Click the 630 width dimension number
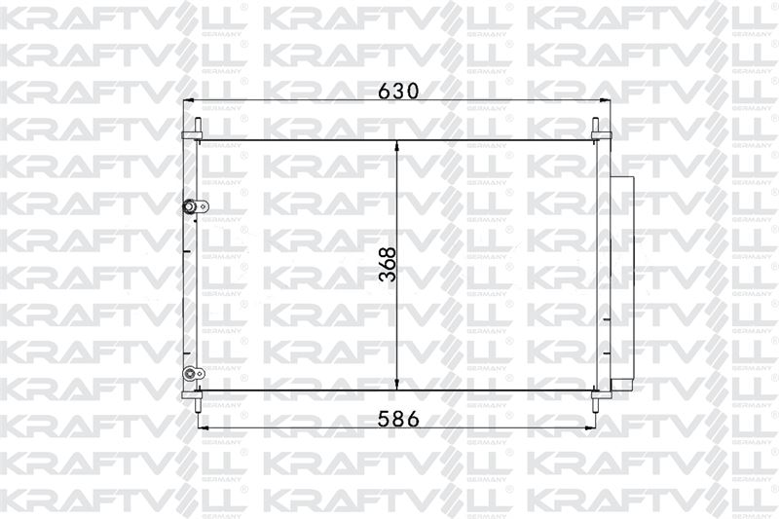pyautogui.click(x=398, y=91)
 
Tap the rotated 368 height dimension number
pyautogui.click(x=388, y=265)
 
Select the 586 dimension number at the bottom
pyautogui.click(x=398, y=420)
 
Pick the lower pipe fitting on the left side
pyautogui.click(x=193, y=374)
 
